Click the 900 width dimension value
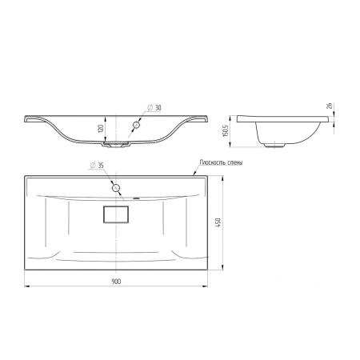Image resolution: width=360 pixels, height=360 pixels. (116, 282)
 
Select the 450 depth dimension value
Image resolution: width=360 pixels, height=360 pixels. (218, 222)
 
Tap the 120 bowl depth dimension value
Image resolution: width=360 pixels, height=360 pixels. (101, 129)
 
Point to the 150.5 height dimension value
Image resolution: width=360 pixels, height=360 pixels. (226, 131)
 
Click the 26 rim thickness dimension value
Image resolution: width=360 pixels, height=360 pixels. (330, 106)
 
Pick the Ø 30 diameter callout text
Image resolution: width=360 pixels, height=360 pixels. (154, 108)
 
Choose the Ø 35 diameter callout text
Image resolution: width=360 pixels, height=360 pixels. (97, 166)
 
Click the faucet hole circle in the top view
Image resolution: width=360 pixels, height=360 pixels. (116, 188)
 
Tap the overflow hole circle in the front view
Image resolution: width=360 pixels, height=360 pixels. (137, 125)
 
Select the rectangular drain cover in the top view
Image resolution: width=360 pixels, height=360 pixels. (116, 214)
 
